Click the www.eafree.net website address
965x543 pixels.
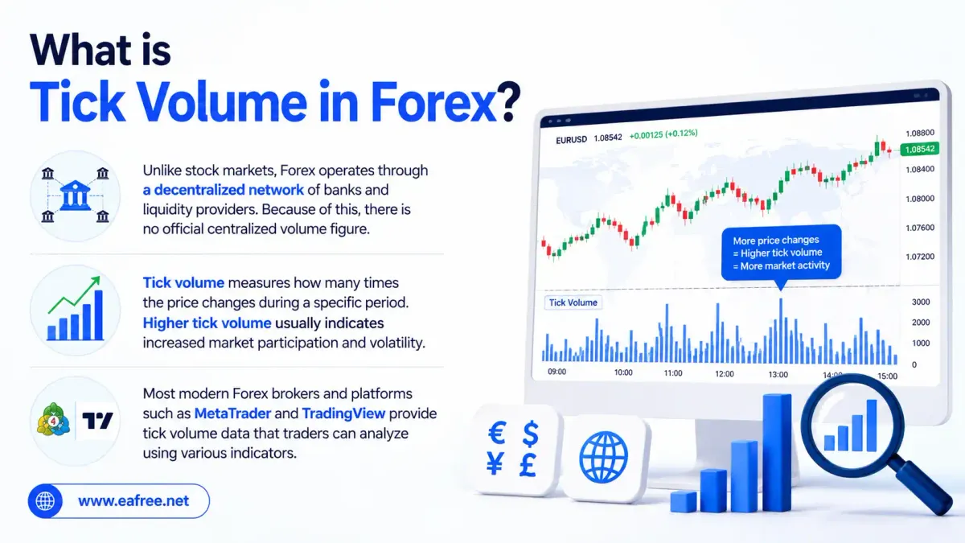[x=133, y=500]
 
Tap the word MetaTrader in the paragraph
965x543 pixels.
[x=232, y=413]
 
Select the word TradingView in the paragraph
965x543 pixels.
[x=344, y=413]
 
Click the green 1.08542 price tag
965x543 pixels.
[x=920, y=149]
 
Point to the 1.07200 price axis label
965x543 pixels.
[x=920, y=257]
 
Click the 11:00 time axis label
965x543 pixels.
[x=673, y=373]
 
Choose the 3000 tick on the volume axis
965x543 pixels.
[x=921, y=302]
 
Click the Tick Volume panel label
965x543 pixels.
[x=573, y=302]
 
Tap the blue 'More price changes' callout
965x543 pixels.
[x=781, y=253]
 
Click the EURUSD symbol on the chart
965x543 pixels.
[x=571, y=140]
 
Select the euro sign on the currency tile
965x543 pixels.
[x=497, y=433]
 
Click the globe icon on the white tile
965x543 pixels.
[x=604, y=457]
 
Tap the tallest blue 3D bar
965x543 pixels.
[x=777, y=452]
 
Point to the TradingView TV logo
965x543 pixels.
[x=97, y=421]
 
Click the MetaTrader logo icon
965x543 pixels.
[x=53, y=419]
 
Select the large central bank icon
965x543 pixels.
[x=76, y=195]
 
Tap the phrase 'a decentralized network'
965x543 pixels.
[x=224, y=190]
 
